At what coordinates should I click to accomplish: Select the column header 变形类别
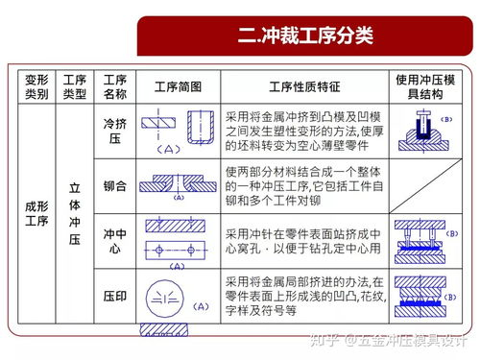click(36, 86)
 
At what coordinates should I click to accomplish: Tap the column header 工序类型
click(75, 86)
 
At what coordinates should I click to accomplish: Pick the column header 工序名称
click(114, 86)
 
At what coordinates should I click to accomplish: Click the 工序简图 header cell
click(178, 86)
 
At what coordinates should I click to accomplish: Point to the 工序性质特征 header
click(304, 86)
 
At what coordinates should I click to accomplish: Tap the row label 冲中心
click(114, 240)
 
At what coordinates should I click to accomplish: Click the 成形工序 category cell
click(36, 215)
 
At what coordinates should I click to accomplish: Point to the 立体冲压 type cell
click(75, 215)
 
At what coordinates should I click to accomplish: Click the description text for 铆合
click(304, 184)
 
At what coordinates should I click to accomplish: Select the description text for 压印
click(304, 297)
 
